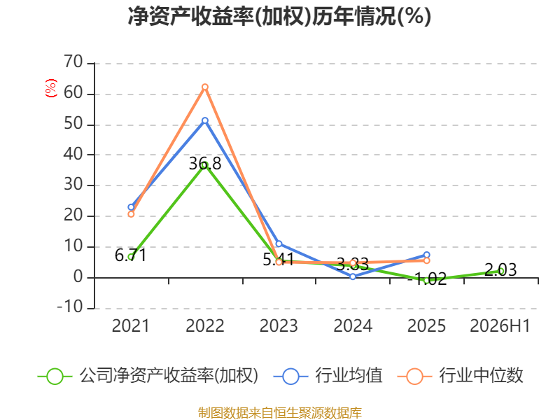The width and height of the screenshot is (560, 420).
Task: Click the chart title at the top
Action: pyautogui.click(x=279, y=16)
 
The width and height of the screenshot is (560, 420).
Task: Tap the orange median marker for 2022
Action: pyautogui.click(x=205, y=87)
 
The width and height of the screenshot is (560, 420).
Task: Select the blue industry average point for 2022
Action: pyautogui.click(x=205, y=120)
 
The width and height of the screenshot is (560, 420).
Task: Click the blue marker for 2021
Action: pyautogui.click(x=131, y=207)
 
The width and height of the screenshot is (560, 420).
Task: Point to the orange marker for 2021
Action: pyautogui.click(x=131, y=214)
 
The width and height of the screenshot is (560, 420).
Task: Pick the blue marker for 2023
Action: pyautogui.click(x=279, y=244)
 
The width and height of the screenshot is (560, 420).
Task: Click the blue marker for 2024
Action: pyautogui.click(x=353, y=276)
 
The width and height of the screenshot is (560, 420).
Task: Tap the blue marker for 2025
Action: pyautogui.click(x=427, y=255)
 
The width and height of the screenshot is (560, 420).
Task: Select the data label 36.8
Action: pyautogui.click(x=205, y=164)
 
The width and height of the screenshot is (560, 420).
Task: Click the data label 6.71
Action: pyautogui.click(x=131, y=255)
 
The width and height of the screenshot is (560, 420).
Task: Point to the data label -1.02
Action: pyautogui.click(x=427, y=279)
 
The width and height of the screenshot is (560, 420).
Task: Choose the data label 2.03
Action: pyautogui.click(x=500, y=270)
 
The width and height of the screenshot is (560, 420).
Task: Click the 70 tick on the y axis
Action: pyautogui.click(x=73, y=62)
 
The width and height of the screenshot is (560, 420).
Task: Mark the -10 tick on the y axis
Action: pyautogui.click(x=70, y=307)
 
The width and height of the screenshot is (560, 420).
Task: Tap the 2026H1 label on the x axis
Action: pyautogui.click(x=500, y=325)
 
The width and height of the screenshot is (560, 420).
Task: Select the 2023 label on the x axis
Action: pyautogui.click(x=279, y=325)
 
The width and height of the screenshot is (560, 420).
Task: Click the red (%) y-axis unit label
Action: pyautogui.click(x=50, y=88)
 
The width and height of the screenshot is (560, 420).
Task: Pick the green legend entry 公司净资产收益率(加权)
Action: pyautogui.click(x=148, y=376)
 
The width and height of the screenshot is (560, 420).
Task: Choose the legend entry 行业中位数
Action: pyautogui.click(x=460, y=376)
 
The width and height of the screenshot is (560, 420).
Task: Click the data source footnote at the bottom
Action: pyautogui.click(x=280, y=413)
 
